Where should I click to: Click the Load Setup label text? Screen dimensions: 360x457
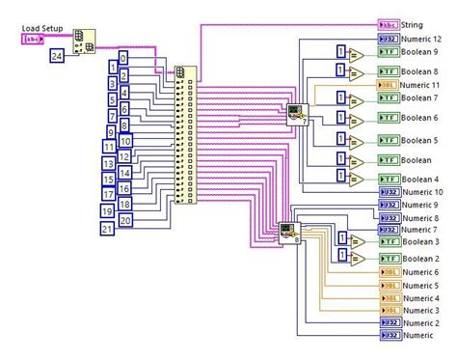pos(42,29)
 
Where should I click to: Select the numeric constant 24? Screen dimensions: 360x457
pos(58,58)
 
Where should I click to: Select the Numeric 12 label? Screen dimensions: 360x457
pos(424,38)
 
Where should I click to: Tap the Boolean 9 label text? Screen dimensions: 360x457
pos(421,52)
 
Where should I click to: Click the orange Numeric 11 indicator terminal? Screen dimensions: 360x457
pos(389,84)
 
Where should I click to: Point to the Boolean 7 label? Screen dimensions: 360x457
pos(421,98)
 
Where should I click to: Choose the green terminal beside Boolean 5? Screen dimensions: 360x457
pos(389,141)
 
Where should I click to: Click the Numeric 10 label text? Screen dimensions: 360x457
pos(424,192)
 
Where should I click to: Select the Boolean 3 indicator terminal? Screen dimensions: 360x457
pos(389,241)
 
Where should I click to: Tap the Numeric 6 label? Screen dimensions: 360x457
pos(421,272)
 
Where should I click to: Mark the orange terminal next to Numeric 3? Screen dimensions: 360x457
pos(389,310)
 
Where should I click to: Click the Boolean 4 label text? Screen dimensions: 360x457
pos(421,180)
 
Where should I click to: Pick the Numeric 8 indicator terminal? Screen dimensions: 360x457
pos(389,218)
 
